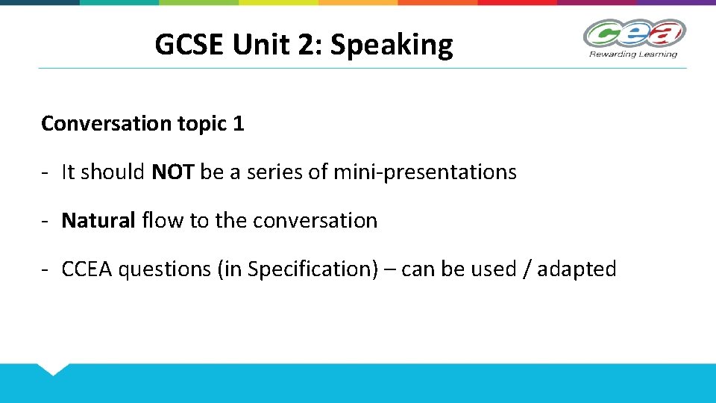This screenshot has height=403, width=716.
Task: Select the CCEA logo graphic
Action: (634, 34)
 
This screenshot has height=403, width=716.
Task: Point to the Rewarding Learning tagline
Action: (633, 54)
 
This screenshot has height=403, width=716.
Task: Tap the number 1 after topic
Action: (238, 124)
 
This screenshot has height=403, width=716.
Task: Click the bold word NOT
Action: (173, 172)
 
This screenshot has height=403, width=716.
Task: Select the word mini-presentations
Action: (424, 172)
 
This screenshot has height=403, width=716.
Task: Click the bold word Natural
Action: (98, 221)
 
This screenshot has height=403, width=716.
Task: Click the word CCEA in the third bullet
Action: (87, 269)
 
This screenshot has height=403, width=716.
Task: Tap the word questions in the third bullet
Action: (165, 269)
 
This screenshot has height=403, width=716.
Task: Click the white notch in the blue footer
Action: (52, 368)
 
